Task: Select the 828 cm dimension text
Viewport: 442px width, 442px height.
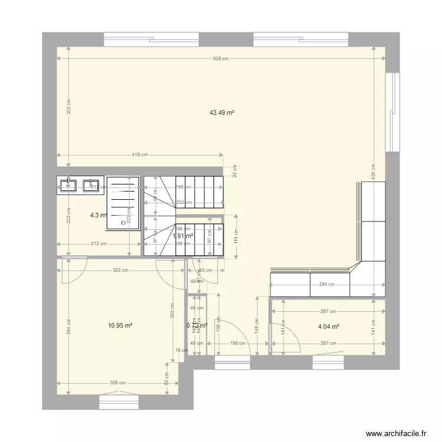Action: point(221,58)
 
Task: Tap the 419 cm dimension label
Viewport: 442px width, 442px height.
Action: point(140,155)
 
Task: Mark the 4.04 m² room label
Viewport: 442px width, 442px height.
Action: point(328,326)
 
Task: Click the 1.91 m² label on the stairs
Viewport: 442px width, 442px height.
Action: point(183,236)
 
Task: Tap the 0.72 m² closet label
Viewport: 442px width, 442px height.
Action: point(197,325)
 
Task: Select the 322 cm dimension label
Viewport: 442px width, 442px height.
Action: point(121,271)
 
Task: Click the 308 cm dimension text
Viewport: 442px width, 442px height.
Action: point(117,382)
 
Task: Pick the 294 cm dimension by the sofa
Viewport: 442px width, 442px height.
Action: point(327,285)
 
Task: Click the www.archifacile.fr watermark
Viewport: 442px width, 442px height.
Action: point(395,432)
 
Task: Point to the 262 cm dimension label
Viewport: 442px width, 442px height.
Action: point(173,310)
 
